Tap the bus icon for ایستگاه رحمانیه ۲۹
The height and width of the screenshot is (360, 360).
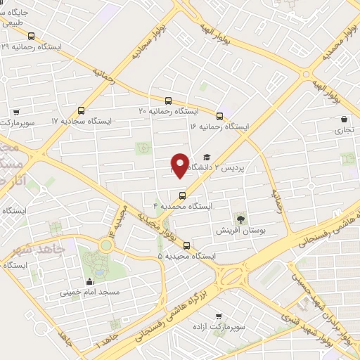coord(30,36)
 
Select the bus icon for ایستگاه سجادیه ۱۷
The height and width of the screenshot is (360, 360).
coord(82,110)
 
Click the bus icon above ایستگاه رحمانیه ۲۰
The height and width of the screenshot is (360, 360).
coord(168,101)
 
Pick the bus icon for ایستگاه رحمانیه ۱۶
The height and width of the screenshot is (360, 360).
coord(219,115)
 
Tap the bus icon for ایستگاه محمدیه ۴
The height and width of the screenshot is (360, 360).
coord(183,195)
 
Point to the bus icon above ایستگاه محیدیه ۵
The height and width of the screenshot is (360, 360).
coord(186,245)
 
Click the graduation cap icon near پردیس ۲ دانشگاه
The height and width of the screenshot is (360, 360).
coord(207,158)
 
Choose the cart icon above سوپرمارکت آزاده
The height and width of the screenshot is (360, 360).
coord(219,316)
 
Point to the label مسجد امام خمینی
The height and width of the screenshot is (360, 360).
coord(89,291)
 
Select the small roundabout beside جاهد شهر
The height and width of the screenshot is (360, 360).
coord(106,246)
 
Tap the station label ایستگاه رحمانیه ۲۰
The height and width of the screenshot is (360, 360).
coord(168,111)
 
